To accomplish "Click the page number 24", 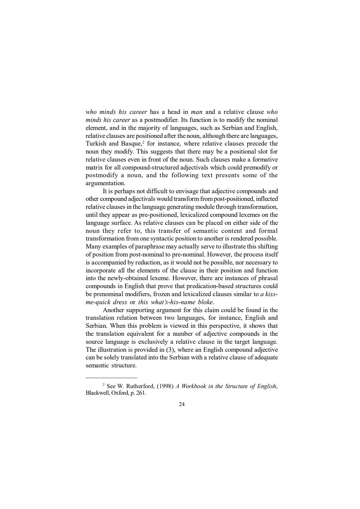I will click(182, 404).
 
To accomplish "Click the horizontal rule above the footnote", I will click(111, 378).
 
